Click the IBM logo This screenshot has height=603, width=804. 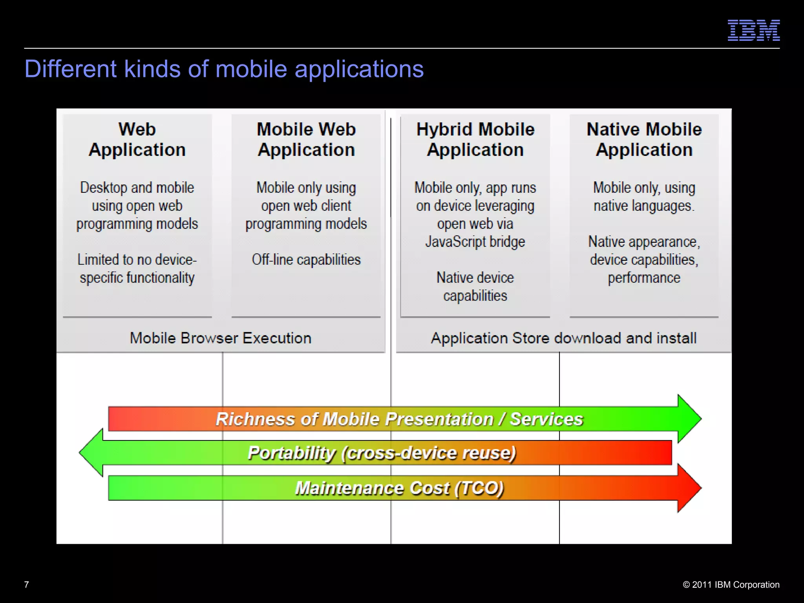[753, 31]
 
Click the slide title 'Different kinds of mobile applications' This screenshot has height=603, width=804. [224, 69]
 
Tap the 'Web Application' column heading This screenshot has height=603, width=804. [137, 139]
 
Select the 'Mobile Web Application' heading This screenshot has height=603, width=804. [306, 139]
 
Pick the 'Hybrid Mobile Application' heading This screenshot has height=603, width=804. [475, 139]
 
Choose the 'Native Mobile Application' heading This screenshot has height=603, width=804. [644, 139]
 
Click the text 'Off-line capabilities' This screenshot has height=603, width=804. [306, 259]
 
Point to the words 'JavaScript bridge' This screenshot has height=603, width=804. [475, 242]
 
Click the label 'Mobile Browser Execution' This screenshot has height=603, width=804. [221, 338]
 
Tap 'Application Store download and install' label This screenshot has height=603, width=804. [564, 338]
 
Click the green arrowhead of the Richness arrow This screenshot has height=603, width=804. [689, 419]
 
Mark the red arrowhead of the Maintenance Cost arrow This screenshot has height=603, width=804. [689, 488]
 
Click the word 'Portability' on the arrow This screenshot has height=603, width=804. [291, 453]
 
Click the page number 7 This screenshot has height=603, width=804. [27, 585]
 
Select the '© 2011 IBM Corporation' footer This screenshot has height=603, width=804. [731, 585]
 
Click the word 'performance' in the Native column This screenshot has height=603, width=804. [644, 278]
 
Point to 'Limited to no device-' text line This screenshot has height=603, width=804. [137, 259]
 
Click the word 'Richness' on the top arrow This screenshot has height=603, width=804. [255, 419]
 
